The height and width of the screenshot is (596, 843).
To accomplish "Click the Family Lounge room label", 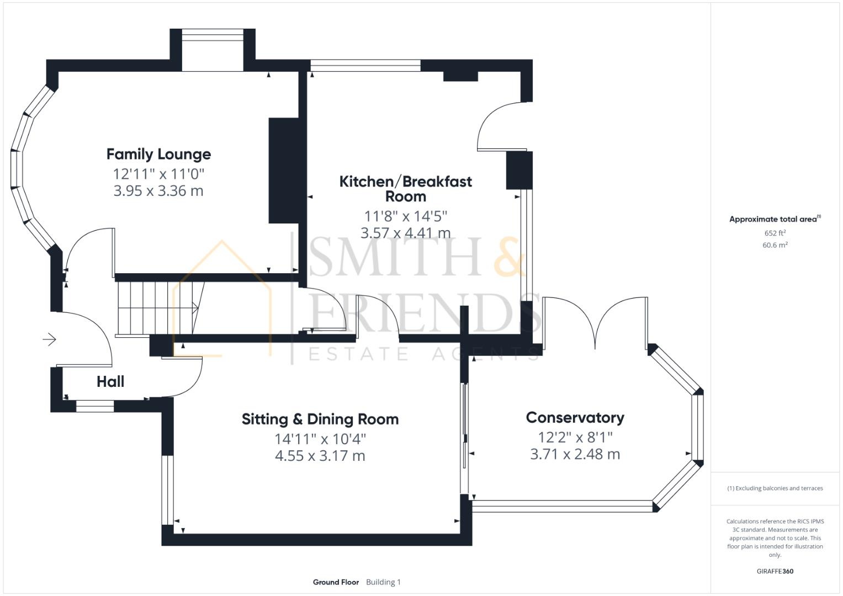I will [x=158, y=154].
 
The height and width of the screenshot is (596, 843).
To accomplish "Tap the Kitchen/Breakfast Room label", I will [x=405, y=189].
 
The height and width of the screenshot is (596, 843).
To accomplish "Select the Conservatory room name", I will [x=575, y=418].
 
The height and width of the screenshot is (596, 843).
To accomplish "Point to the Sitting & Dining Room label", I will [x=320, y=419].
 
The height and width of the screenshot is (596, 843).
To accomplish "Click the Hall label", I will [x=110, y=381].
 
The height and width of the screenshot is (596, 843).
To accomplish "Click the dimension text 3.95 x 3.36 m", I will [x=158, y=191].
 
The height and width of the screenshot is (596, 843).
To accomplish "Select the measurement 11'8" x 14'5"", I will [x=405, y=216].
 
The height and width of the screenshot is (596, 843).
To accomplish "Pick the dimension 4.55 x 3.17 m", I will [x=320, y=456].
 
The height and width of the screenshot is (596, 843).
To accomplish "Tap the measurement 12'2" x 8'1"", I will [x=575, y=437].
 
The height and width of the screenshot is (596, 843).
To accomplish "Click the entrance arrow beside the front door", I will [x=50, y=339].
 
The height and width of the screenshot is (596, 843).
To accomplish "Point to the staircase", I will [x=157, y=308].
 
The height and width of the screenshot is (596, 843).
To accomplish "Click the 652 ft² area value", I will [x=775, y=233].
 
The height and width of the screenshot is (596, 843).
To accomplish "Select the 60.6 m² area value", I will [x=775, y=245].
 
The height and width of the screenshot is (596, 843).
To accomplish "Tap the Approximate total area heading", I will [x=775, y=219].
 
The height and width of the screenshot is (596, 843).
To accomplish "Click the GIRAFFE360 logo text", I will [x=775, y=571].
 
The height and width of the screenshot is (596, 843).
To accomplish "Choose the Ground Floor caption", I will [x=336, y=582].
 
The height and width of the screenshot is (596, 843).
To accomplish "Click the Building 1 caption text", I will [x=383, y=582].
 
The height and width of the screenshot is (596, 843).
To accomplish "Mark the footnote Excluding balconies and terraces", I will [x=775, y=488].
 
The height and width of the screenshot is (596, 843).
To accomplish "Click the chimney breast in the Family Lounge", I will [x=284, y=171].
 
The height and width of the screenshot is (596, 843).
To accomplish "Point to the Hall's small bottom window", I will [x=95, y=407].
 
